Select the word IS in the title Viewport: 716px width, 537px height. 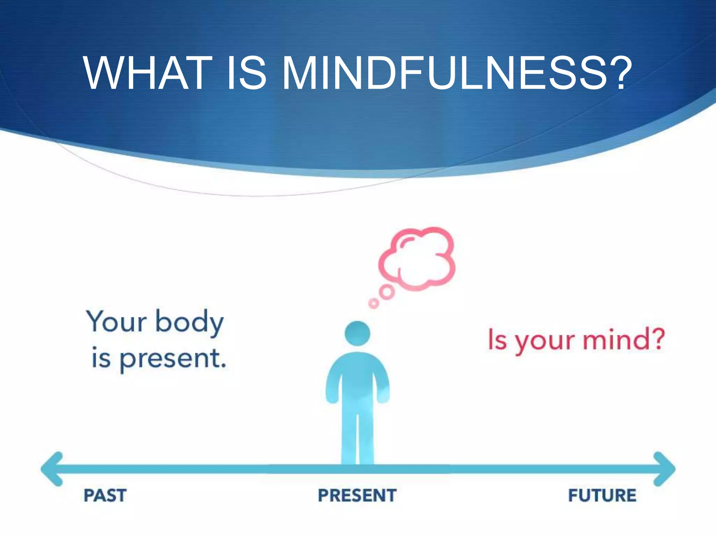tap(246, 73)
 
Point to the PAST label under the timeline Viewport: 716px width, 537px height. tap(105, 495)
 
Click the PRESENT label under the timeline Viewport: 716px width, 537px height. tap(357, 495)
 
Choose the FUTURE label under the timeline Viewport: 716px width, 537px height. tap(602, 495)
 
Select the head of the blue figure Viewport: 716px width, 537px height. tap(357, 334)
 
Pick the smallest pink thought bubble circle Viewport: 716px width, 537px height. tap(373, 303)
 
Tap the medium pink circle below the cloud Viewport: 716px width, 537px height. tap(387, 292)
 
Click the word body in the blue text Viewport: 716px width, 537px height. tap(189, 322)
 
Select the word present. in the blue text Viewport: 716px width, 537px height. tap(173, 359)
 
